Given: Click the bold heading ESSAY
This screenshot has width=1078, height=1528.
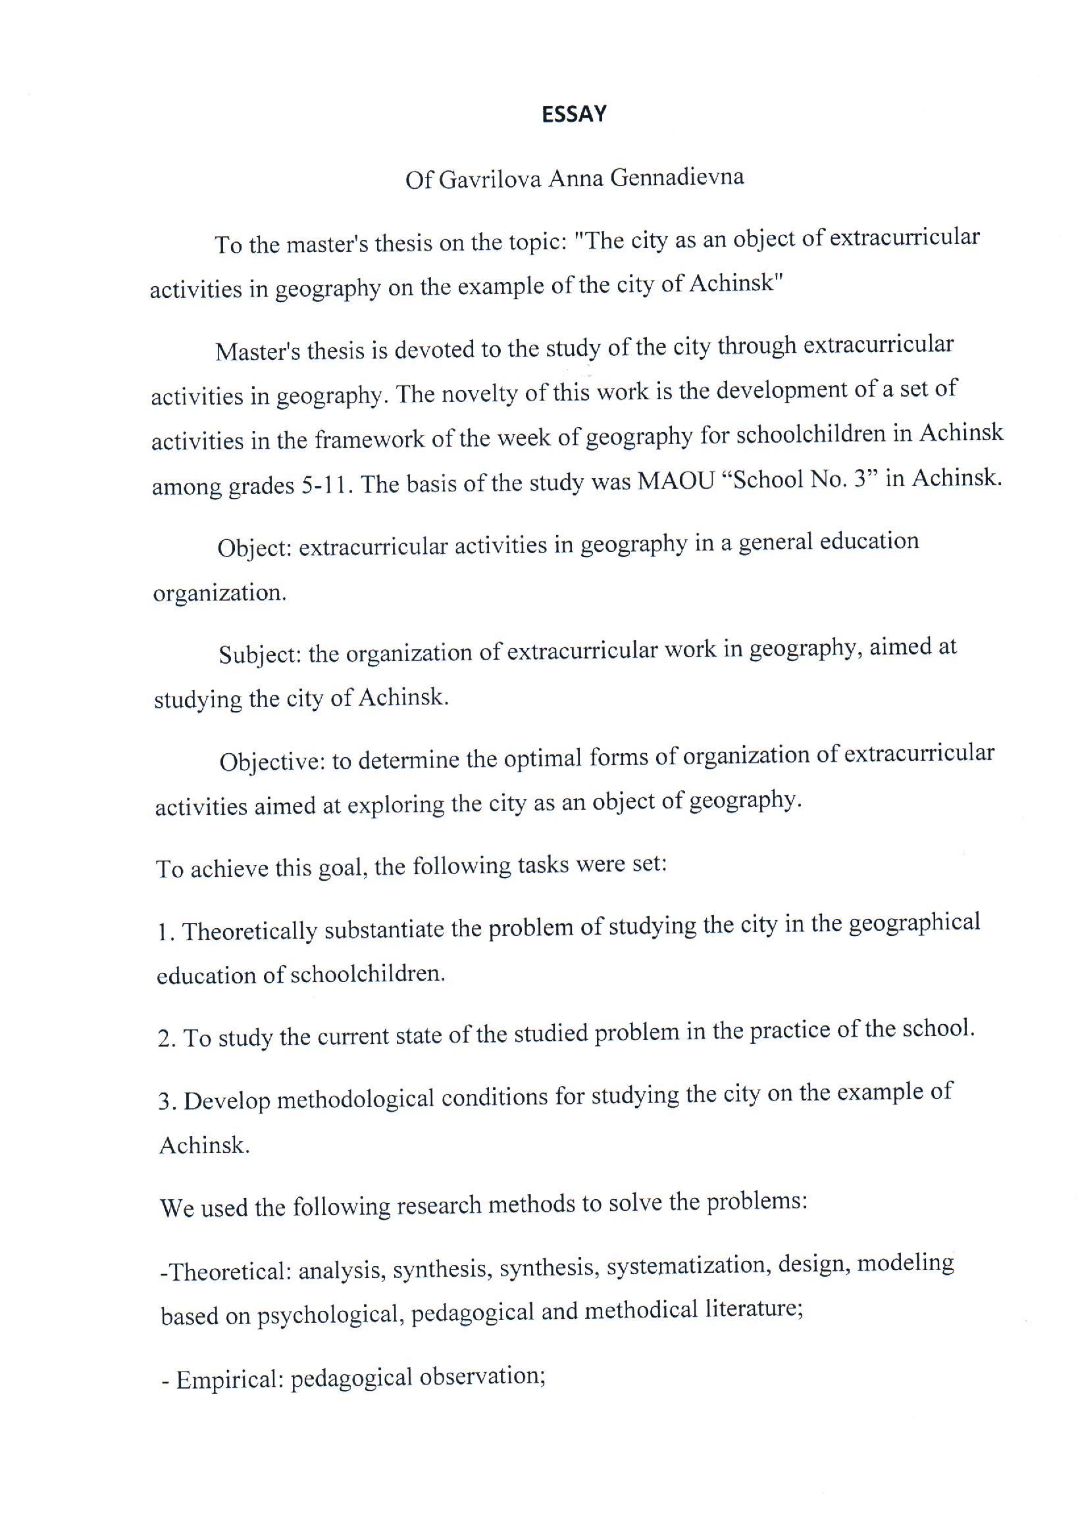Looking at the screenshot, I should (x=573, y=114).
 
